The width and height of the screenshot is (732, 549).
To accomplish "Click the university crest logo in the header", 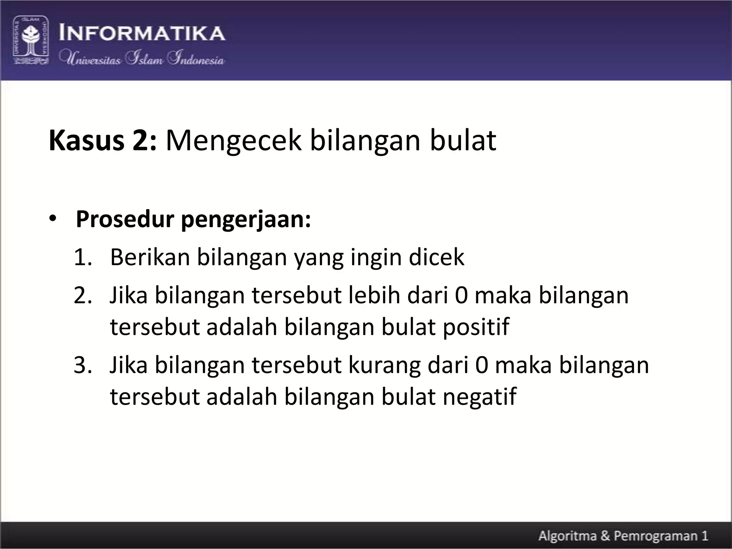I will point(31,40).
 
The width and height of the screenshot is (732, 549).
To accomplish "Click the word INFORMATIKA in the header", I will point(142,33).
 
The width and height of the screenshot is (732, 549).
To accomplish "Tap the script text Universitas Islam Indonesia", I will point(142,58).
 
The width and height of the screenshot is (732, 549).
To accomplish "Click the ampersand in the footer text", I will point(606,536).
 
